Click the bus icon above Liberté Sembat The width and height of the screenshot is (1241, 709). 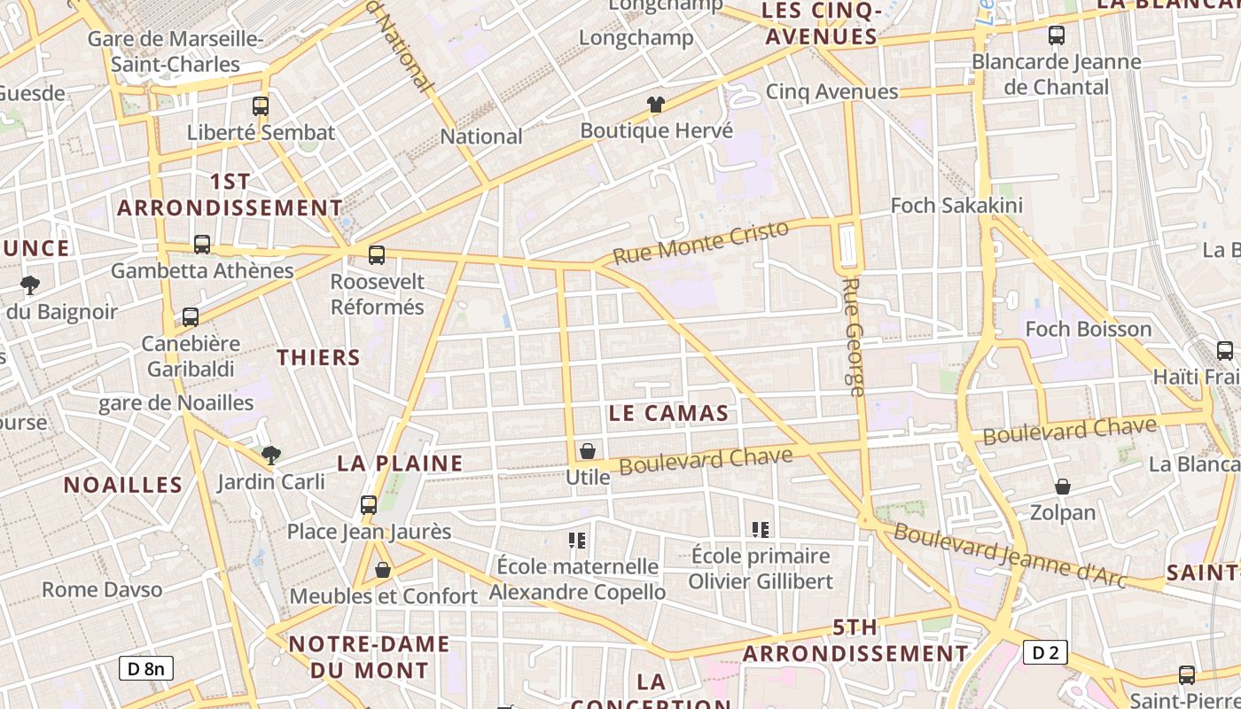[260, 106]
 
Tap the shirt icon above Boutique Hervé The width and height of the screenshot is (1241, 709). [655, 105]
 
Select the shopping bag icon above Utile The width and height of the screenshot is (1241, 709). [587, 452]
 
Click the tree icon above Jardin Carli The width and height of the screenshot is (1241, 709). [271, 456]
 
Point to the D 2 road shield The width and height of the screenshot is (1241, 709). [1045, 653]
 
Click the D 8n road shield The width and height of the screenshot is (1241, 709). [145, 668]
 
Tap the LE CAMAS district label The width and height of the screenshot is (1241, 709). [669, 412]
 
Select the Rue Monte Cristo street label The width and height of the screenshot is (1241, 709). [700, 242]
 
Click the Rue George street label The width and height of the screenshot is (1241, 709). [855, 337]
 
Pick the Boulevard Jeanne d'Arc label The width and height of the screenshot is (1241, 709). [1010, 555]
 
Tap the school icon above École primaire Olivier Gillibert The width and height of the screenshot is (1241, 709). [760, 530]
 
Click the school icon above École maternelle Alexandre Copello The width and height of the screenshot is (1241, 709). [577, 540]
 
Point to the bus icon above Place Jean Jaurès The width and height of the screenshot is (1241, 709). [369, 505]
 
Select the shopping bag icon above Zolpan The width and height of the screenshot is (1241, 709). [1062, 487]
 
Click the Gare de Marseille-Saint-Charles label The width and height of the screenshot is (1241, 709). [176, 51]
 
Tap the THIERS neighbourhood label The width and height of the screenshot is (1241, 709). [318, 357]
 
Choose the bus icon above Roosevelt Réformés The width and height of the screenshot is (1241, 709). [377, 255]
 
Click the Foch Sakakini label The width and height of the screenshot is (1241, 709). [956, 206]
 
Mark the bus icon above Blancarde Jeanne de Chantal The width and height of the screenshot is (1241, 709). [1056, 35]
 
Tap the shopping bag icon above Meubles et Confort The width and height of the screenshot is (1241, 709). [383, 570]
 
